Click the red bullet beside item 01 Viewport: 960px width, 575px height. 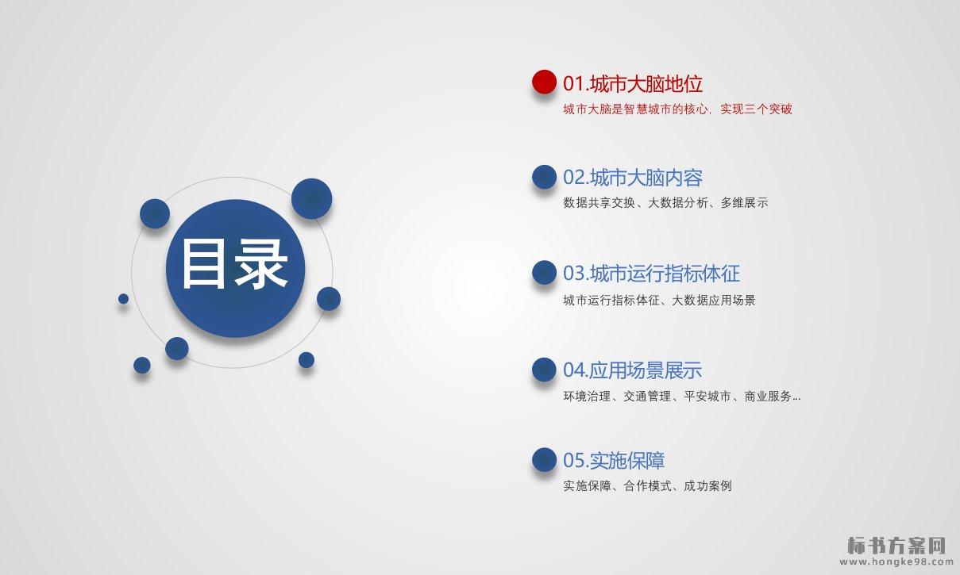pyautogui.click(x=544, y=82)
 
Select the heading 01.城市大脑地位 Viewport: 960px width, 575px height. pyautogui.click(x=633, y=83)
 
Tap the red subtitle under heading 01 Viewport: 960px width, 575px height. pyautogui.click(x=677, y=109)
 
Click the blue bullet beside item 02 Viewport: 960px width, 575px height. pyautogui.click(x=544, y=177)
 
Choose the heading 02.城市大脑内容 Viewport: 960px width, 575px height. pyautogui.click(x=633, y=178)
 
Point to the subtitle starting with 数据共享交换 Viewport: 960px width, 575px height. pyautogui.click(x=665, y=202)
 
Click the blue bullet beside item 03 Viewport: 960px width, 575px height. pyautogui.click(x=544, y=272)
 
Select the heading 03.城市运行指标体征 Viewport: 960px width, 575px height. pyautogui.click(x=651, y=274)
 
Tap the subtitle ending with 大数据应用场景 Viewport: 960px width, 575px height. pyautogui.click(x=659, y=300)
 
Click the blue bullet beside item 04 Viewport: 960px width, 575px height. pyautogui.click(x=544, y=370)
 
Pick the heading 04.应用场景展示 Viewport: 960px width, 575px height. pyautogui.click(x=633, y=370)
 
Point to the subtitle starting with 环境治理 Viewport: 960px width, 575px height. pyautogui.click(x=681, y=397)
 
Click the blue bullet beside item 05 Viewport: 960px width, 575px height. pyautogui.click(x=544, y=460)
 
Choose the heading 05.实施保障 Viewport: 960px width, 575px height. pyautogui.click(x=614, y=461)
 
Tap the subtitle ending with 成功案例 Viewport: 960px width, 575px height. pyautogui.click(x=647, y=486)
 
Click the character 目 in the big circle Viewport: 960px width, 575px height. pyautogui.click(x=203, y=264)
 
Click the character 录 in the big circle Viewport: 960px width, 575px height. pyautogui.click(x=261, y=264)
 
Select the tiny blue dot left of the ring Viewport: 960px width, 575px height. pyautogui.click(x=123, y=299)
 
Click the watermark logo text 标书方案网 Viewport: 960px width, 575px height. pyautogui.click(x=896, y=546)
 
